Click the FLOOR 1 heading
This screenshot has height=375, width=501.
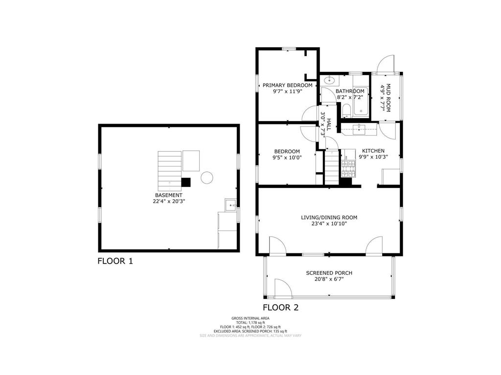[115, 261]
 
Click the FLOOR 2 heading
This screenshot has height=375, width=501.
[280, 308]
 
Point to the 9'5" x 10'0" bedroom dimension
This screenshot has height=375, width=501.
[287, 158]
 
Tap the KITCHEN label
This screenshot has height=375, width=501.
[373, 151]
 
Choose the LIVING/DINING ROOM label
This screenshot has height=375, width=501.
[329, 217]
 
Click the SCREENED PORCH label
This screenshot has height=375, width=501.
[329, 273]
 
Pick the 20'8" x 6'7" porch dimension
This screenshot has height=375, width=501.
[329, 279]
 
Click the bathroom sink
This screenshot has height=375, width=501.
[328, 80]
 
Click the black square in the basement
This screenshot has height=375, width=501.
[185, 182]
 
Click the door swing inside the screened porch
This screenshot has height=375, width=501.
[281, 288]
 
